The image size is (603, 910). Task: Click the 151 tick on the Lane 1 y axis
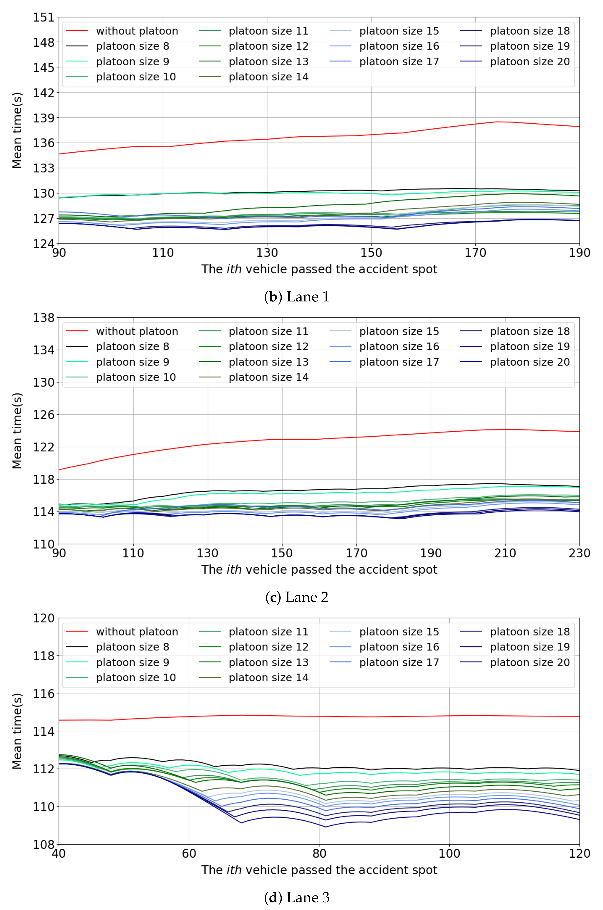pos(43,17)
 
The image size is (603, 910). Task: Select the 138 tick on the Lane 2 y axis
pos(43,318)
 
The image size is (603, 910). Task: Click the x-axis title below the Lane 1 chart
pos(319,269)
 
